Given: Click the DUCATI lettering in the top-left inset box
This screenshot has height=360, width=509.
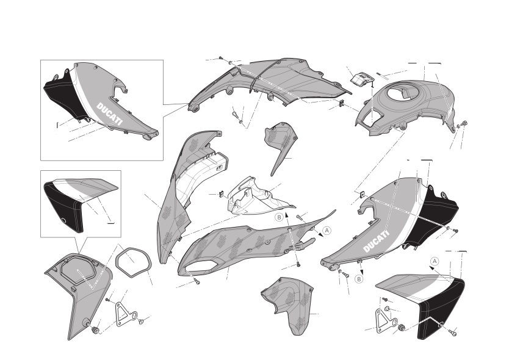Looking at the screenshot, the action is click(x=110, y=114).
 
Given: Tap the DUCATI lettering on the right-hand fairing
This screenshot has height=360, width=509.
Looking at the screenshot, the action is click(x=376, y=242).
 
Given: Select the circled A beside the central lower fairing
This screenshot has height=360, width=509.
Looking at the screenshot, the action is click(x=327, y=231).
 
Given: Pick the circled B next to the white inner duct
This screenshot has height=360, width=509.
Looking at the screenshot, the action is click(x=279, y=217).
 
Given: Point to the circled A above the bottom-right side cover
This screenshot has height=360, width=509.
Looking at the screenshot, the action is click(x=435, y=261).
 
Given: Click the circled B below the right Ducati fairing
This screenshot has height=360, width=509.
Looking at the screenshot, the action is click(x=359, y=279).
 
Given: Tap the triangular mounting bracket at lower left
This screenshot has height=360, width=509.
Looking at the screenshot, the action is click(x=126, y=313).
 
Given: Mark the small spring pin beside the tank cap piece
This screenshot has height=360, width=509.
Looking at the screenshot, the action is click(x=382, y=75).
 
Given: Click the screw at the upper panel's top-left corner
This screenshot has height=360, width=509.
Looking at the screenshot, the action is click(x=221, y=58).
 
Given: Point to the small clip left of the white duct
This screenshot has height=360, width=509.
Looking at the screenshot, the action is click(x=222, y=194).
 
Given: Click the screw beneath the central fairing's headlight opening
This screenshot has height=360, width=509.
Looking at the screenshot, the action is click(x=197, y=281).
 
